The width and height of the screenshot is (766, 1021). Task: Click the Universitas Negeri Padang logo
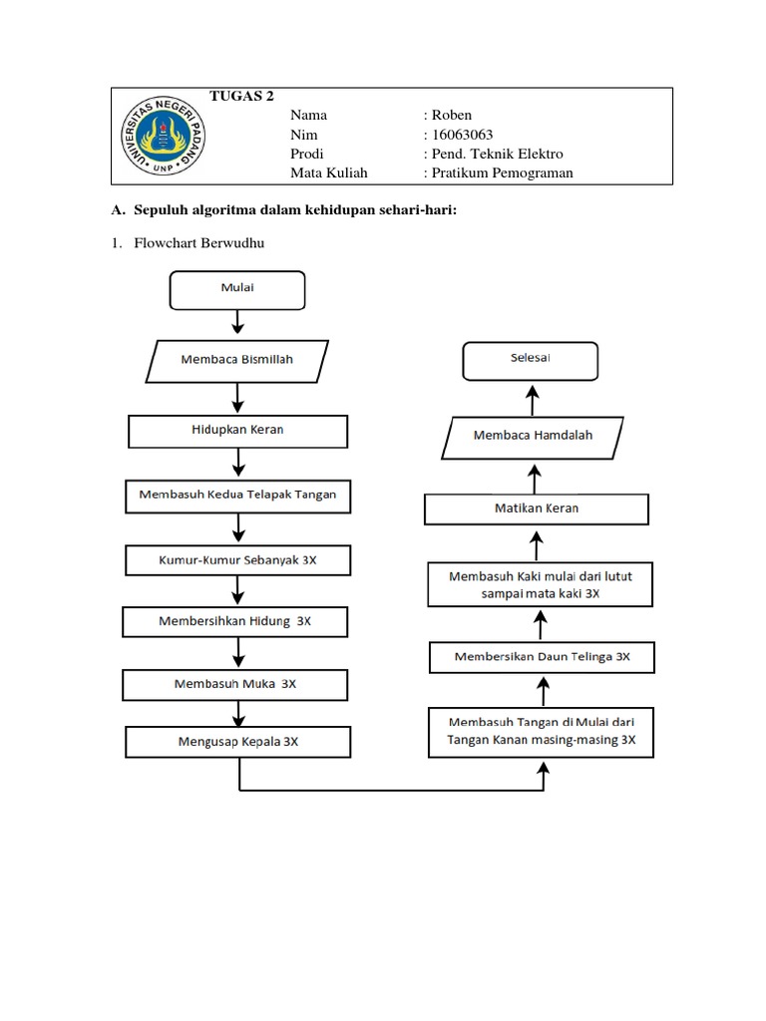pos(163,136)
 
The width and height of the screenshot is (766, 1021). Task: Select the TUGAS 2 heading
pos(241,96)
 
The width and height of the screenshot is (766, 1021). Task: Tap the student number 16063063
pos(463,135)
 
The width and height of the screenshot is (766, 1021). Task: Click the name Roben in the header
pos(452,116)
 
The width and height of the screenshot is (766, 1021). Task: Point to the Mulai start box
pos(237,290)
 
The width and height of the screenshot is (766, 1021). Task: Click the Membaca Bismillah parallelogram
pos(237,361)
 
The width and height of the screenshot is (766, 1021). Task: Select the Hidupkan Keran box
pos(237,431)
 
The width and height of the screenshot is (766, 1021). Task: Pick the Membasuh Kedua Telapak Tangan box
pos(237,497)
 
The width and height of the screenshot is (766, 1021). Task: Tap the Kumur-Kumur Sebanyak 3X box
pos(237,560)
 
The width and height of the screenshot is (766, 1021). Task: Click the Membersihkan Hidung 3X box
pos(235,622)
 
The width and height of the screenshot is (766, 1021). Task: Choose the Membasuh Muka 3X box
pos(235,685)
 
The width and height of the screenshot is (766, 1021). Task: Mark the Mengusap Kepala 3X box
pos(237,742)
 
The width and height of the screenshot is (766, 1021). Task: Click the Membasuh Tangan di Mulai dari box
pos(541,733)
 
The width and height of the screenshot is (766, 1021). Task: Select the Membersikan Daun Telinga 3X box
pos(542,658)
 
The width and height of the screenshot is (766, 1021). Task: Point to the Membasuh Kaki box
pos(540,584)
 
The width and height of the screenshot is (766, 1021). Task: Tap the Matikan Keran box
pos(537,510)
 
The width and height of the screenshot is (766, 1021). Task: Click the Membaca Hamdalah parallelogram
pos(533,439)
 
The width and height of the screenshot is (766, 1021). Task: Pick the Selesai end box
pos(531,361)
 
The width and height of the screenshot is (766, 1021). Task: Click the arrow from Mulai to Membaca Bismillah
pos(237,322)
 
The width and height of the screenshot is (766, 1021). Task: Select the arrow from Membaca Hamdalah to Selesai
pos(533,400)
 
